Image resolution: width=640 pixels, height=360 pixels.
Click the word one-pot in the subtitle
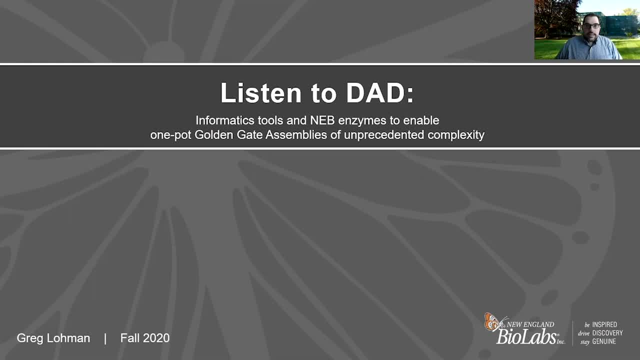(x=170, y=135)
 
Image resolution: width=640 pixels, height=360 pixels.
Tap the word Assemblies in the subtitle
(x=296, y=135)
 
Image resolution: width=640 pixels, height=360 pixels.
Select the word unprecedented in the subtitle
(x=383, y=135)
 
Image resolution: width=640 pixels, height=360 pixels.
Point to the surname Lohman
(x=68, y=338)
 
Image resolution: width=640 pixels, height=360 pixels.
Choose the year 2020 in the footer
(x=156, y=338)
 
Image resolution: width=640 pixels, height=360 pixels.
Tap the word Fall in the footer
(x=129, y=338)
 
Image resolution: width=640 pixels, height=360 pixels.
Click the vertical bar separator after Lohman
(x=105, y=339)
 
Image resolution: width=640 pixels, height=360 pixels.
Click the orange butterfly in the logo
(x=492, y=322)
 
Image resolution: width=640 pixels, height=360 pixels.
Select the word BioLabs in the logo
(x=526, y=337)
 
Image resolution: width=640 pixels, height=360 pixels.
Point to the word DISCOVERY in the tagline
(x=607, y=333)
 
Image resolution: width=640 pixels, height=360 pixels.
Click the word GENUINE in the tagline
(x=604, y=341)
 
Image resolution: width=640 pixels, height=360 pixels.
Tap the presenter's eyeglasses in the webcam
(x=591, y=26)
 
